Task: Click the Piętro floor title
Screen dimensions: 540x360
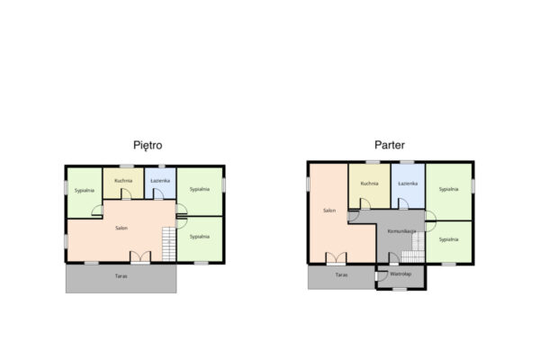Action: (148, 146)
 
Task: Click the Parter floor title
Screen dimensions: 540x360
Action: (390, 145)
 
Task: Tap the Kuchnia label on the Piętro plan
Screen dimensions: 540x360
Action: (123, 181)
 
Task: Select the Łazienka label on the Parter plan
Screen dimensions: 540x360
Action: (408, 184)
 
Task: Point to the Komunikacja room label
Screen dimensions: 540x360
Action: (401, 231)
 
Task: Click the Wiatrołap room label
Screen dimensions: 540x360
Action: (400, 274)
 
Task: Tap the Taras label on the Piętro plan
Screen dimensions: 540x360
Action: (121, 276)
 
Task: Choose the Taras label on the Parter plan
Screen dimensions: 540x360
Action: (341, 274)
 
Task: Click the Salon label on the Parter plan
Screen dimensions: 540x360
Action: (329, 211)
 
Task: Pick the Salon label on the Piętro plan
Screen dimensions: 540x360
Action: (121, 228)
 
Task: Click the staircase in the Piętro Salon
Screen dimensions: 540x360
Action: (169, 244)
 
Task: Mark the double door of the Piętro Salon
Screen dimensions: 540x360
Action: (140, 257)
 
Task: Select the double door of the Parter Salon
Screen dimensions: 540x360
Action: (336, 258)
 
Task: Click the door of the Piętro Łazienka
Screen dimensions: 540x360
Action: (158, 194)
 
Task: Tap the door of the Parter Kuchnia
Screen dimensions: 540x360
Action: (365, 203)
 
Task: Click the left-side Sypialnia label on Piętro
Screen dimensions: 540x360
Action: (85, 190)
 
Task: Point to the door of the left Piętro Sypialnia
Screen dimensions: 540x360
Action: (97, 211)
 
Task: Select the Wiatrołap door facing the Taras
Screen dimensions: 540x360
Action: (381, 276)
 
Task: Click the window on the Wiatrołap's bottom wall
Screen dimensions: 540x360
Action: (400, 290)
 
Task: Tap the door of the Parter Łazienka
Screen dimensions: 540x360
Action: (403, 203)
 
